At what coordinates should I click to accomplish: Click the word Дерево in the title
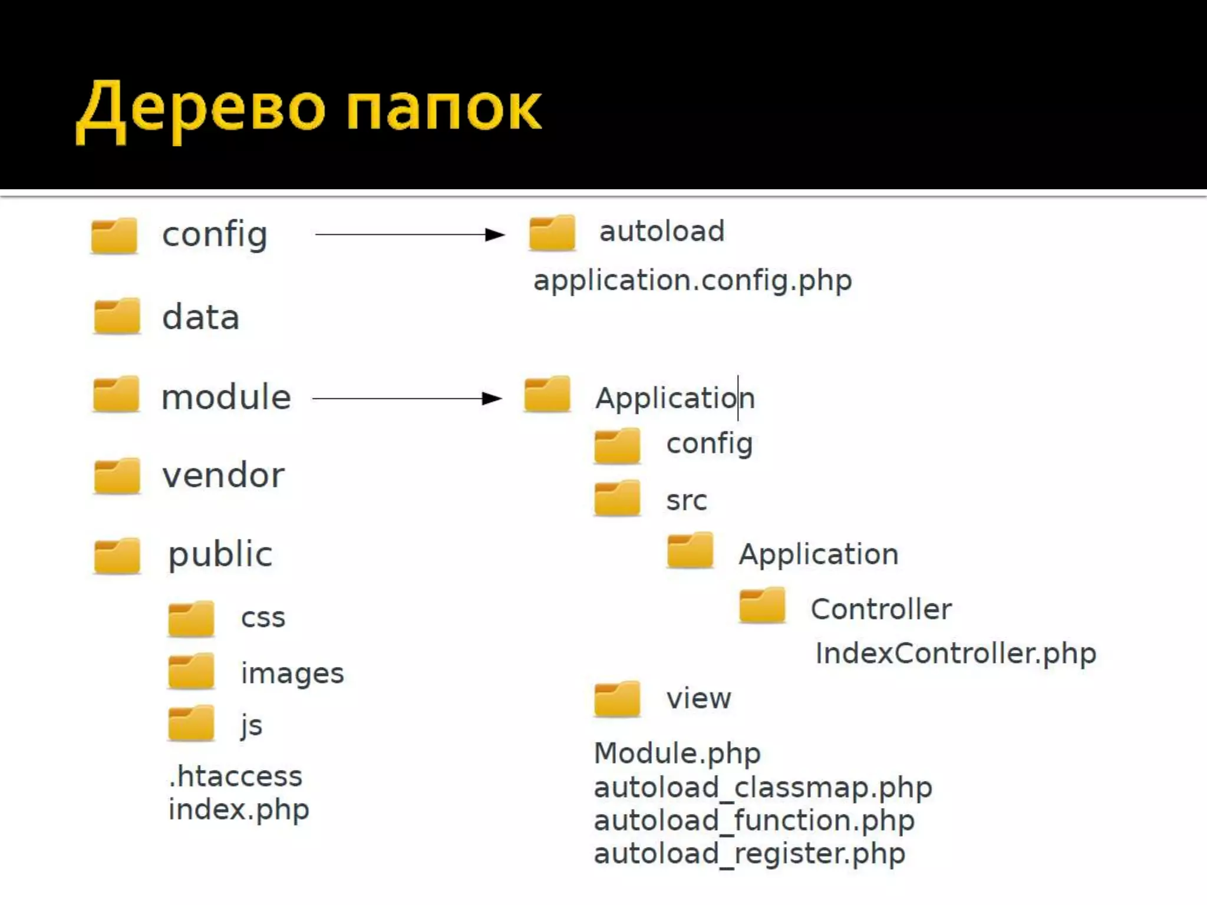tap(200, 109)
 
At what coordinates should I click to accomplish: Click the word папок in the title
tap(443, 109)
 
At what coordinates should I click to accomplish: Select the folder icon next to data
tap(117, 316)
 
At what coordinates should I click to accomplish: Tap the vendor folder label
tap(223, 475)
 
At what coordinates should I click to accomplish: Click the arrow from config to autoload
tap(410, 234)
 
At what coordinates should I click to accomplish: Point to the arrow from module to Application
tap(407, 399)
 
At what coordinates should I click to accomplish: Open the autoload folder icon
tap(552, 233)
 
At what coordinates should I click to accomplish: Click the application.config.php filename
tap(692, 280)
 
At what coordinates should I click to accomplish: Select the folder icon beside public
tap(117, 556)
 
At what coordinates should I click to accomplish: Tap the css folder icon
tap(191, 619)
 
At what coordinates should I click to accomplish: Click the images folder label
tap(292, 673)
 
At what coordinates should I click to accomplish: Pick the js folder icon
tap(191, 723)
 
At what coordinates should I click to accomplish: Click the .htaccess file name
tap(235, 776)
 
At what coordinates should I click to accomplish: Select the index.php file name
tap(239, 810)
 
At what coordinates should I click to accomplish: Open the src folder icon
tap(617, 498)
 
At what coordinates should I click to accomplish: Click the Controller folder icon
tap(762, 605)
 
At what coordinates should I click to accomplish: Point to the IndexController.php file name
tap(955, 653)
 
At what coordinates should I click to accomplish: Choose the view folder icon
tap(617, 699)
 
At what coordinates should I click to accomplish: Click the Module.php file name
tap(677, 753)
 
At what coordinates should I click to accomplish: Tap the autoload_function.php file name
tap(754, 821)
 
